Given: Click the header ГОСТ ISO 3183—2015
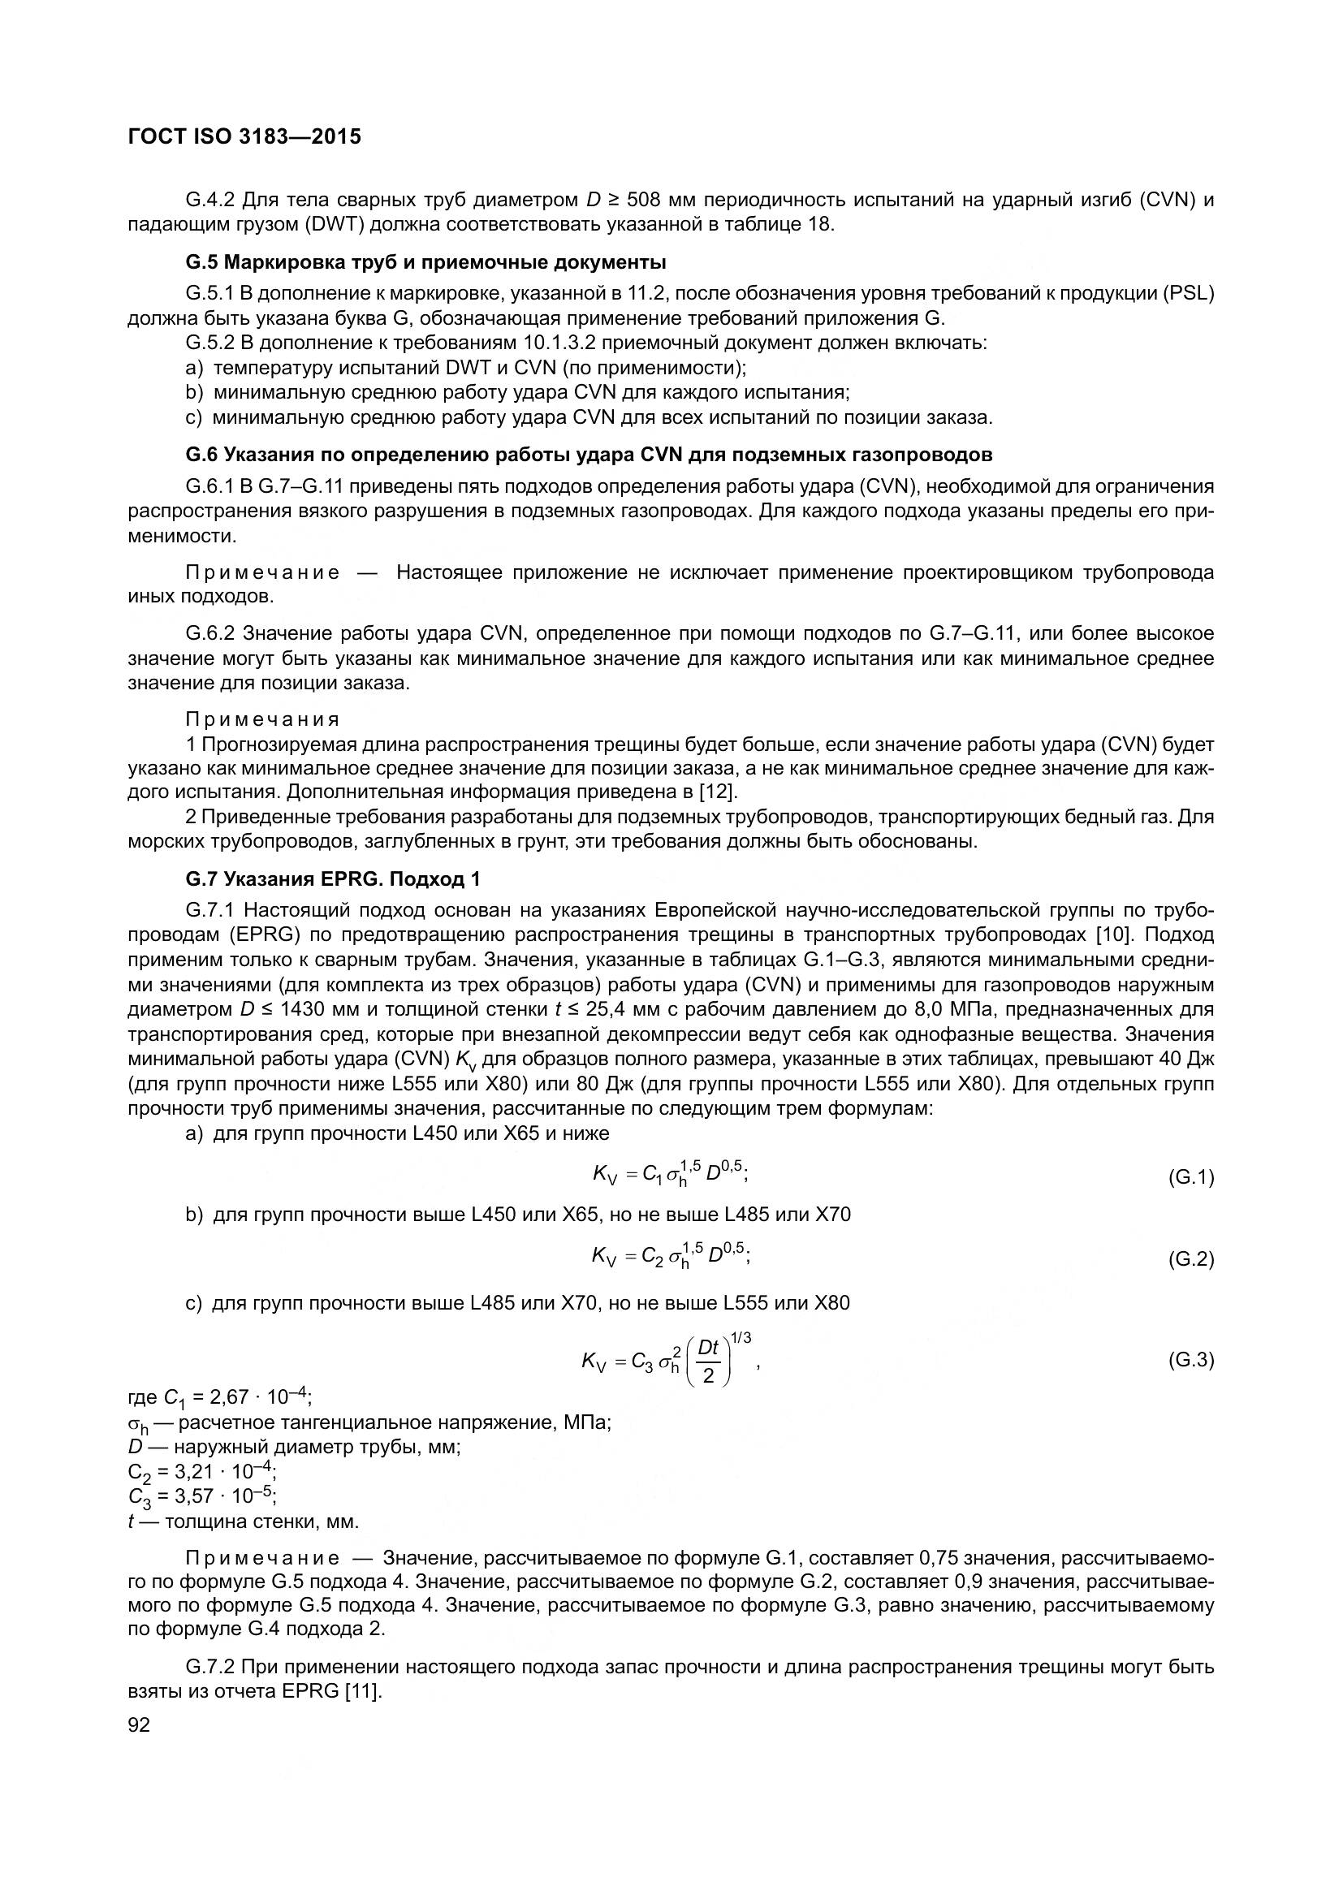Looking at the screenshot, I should pos(244,137).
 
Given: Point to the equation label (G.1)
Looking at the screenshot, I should pos(1190,1178).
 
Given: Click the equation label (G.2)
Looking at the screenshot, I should pos(1190,1260).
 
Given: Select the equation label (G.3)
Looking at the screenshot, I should pos(1190,1360).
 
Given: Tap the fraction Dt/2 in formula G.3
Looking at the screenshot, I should pos(708,1362).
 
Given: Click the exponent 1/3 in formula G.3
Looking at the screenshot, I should pos(741,1338).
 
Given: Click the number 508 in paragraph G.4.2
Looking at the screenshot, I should pos(645,201).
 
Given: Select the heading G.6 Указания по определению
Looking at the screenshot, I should pos(589,455).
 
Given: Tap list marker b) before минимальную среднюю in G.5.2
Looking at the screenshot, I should pos(194,392).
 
